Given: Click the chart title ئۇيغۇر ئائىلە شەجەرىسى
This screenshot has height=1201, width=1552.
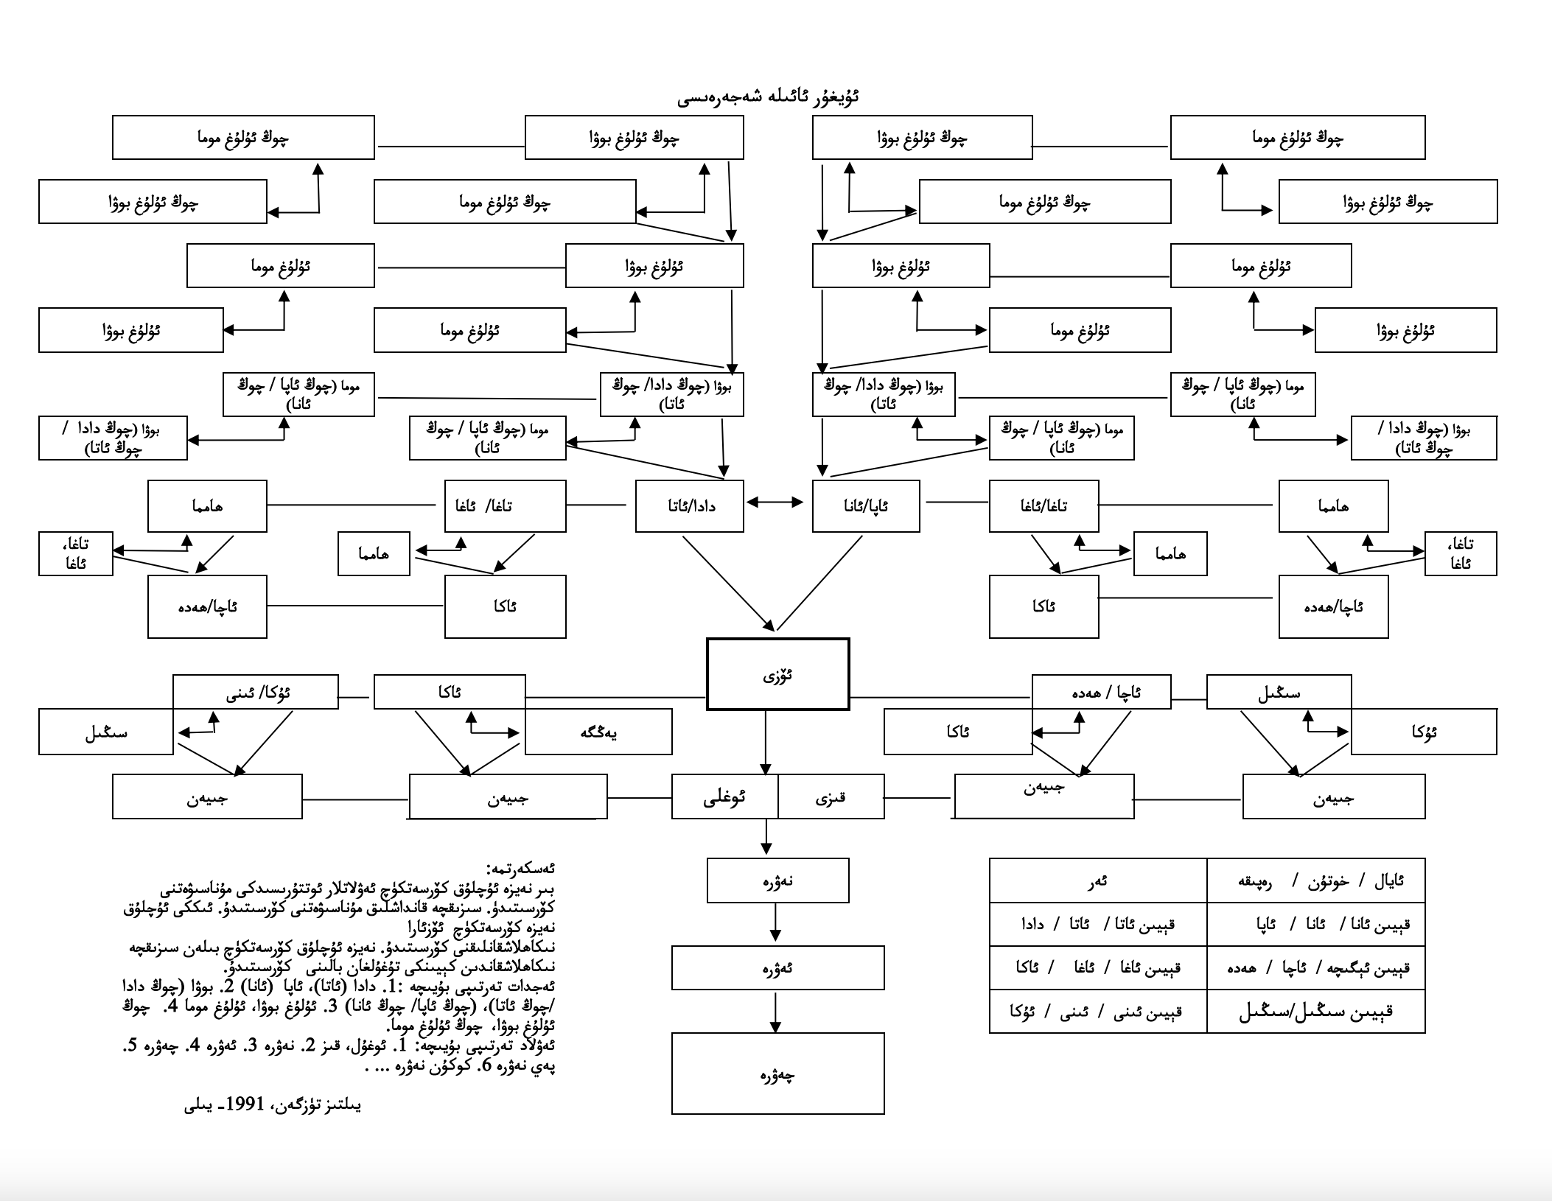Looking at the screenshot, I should pos(769,98).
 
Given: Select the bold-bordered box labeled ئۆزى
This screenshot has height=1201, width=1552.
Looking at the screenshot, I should pos(777,674).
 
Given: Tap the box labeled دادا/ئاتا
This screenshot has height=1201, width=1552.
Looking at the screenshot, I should pos(689,506).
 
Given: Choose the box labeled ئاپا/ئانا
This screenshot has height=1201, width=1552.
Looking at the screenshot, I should pos(866,506).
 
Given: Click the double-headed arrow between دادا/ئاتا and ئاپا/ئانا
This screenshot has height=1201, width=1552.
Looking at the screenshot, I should pos(775,503).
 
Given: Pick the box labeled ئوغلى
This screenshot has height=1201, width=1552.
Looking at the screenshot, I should pos(724,796).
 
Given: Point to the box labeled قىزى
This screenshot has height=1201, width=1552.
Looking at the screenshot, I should pos(831,796).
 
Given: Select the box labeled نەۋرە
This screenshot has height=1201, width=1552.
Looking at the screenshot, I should pos(777,880).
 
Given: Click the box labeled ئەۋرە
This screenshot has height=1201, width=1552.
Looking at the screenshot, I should pos(777,967).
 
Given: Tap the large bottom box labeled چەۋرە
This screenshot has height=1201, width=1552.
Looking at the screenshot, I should pos(777,1074).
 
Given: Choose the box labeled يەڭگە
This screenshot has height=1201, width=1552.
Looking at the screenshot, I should pos(598,732).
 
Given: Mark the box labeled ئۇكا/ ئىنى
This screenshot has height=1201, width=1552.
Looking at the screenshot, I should pos(256,692).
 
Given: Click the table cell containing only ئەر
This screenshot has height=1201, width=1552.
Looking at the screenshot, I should pos(1098,881).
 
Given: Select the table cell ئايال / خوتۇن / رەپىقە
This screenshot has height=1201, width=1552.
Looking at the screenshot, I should pos(1316,881).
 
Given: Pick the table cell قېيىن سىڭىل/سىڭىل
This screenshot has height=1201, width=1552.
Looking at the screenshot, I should pos(1316,1011).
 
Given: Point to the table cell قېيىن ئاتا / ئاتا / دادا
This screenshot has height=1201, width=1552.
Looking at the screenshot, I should pos(1098,924).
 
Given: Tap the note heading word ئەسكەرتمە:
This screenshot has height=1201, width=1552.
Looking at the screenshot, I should pos(521,869).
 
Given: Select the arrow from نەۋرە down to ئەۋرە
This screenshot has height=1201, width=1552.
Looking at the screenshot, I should pos(775,922).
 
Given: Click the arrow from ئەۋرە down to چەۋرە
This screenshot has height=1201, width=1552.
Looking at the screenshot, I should pos(775,1012).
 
